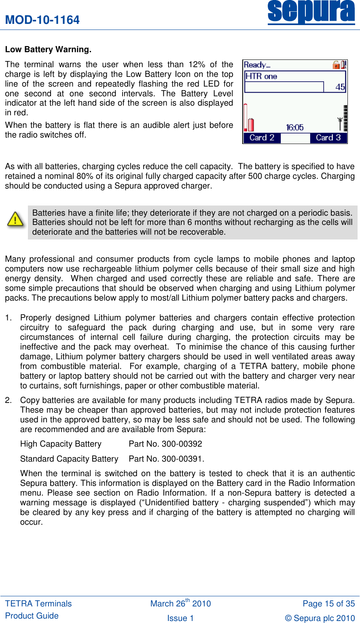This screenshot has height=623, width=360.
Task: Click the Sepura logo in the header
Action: [x=311, y=12]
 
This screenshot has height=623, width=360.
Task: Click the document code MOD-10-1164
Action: [x=42, y=20]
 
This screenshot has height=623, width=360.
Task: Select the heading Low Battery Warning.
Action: [x=48, y=49]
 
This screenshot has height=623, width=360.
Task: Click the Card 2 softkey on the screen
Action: [x=262, y=138]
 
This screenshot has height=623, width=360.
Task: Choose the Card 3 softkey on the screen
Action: [x=328, y=138]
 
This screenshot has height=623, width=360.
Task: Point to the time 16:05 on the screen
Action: [x=294, y=128]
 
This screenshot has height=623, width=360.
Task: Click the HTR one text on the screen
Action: [x=261, y=76]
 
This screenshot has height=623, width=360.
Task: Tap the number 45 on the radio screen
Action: [x=340, y=87]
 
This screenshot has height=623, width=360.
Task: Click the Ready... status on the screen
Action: [x=257, y=65]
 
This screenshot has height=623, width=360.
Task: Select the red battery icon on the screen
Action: [x=251, y=124]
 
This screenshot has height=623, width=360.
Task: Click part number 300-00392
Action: [x=182, y=444]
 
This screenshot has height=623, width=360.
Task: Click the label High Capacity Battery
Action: [x=61, y=444]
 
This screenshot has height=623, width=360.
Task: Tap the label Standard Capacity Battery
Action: [x=69, y=459]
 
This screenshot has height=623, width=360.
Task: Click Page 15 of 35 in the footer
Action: [x=328, y=604]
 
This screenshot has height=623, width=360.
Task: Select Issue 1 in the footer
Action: [x=180, y=618]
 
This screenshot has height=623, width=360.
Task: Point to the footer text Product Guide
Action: [x=32, y=616]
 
